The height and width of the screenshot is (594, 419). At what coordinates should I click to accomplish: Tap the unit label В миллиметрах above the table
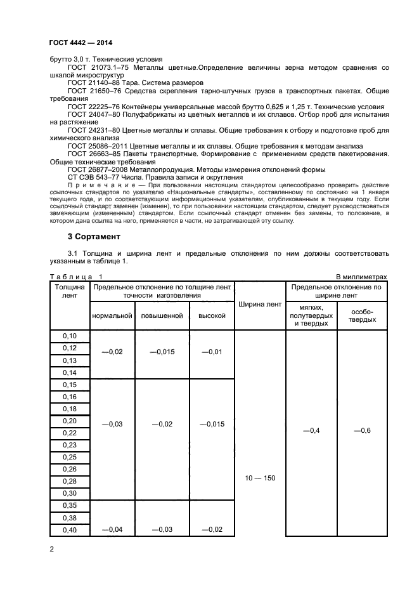pos(361,276)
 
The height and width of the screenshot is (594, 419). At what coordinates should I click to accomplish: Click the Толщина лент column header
pos(69,292)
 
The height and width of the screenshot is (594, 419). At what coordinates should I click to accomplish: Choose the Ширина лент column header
pos(260,305)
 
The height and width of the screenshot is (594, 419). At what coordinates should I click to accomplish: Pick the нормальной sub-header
pos(112,315)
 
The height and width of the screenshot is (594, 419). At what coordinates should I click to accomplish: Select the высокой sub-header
pos(212,315)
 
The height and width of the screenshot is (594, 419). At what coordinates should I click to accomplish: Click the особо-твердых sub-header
pos(362,315)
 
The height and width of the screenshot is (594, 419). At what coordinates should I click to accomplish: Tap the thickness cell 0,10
pos(69,336)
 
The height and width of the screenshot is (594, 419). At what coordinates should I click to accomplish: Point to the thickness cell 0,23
pos(69,445)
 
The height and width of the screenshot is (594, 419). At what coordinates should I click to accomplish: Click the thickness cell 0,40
pos(69,530)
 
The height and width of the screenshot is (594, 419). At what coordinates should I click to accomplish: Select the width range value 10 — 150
pos(260,478)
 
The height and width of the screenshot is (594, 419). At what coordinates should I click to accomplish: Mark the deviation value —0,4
pos(311,431)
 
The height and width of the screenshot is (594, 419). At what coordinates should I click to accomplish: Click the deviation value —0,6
pos(362,431)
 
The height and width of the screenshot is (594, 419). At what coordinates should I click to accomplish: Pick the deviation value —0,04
pos(112,530)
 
